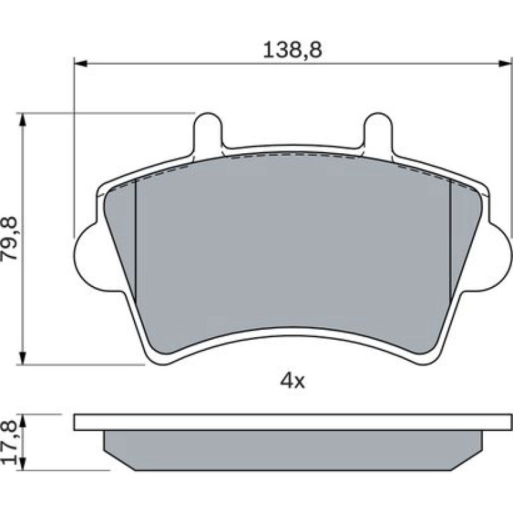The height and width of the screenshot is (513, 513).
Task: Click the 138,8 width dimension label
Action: tap(292, 51)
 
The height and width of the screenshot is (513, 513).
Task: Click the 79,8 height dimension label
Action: tap(9, 238)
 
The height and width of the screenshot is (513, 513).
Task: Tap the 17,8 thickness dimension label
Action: tap(9, 442)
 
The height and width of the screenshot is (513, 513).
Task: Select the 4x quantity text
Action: tap(292, 381)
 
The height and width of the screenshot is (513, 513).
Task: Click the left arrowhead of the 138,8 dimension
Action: tap(81, 63)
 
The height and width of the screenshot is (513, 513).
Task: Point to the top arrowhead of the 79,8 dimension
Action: tap(22, 119)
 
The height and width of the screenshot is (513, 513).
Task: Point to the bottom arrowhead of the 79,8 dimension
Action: tap(22, 358)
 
